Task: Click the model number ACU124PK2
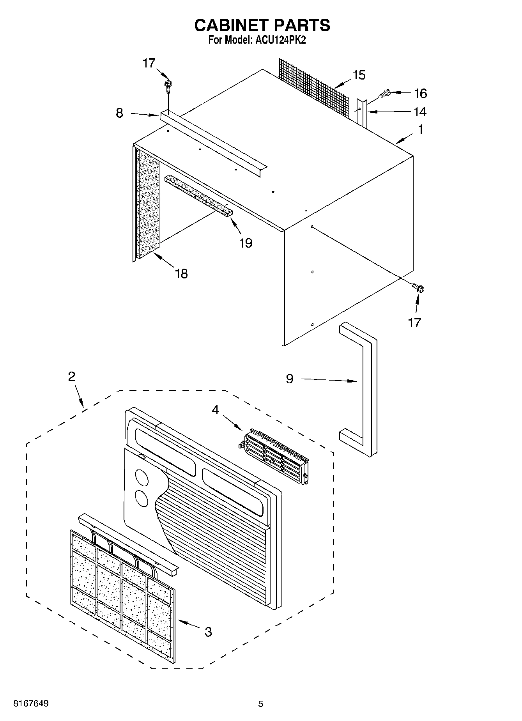pyautogui.click(x=280, y=40)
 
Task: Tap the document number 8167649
pyautogui.click(x=31, y=703)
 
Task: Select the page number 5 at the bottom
pyautogui.click(x=260, y=704)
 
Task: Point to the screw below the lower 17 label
pyautogui.click(x=419, y=289)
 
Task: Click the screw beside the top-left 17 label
pyautogui.click(x=168, y=85)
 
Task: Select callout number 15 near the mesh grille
pyautogui.click(x=359, y=75)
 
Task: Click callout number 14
pyautogui.click(x=419, y=112)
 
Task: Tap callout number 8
pyautogui.click(x=119, y=113)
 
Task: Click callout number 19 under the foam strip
pyautogui.click(x=246, y=243)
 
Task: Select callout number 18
pyautogui.click(x=181, y=273)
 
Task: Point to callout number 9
pyautogui.click(x=289, y=379)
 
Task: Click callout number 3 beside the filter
pyautogui.click(x=208, y=632)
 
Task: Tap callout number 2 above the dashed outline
pyautogui.click(x=71, y=376)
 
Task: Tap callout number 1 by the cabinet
pyautogui.click(x=420, y=129)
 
